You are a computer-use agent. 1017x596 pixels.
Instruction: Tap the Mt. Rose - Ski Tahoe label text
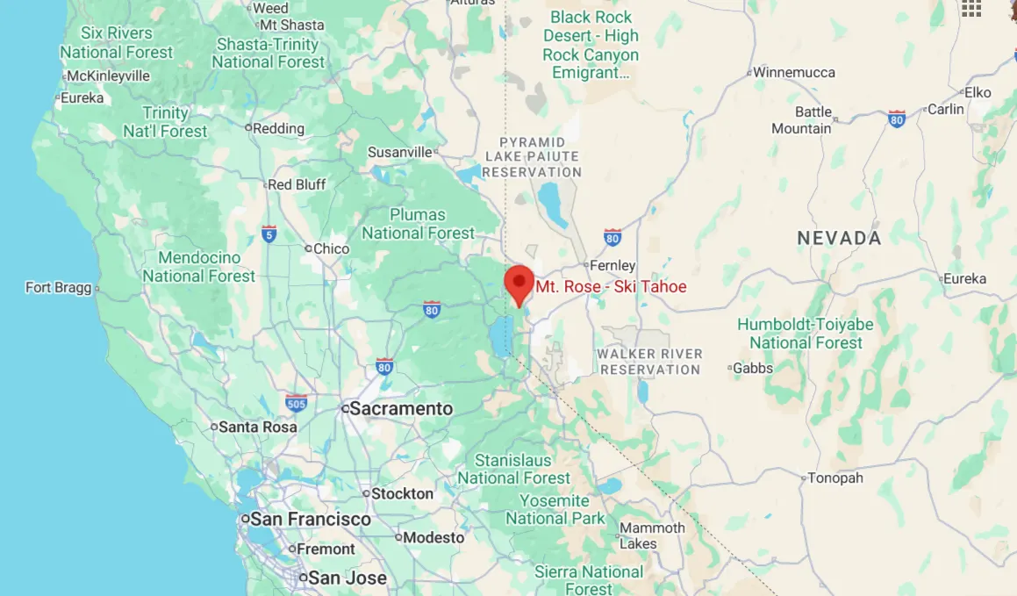click(x=611, y=287)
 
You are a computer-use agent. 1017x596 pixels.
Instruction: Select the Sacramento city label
click(x=401, y=409)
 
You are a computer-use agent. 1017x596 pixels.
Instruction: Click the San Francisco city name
click(x=311, y=520)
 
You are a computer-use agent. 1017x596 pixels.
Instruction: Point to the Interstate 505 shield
click(x=297, y=402)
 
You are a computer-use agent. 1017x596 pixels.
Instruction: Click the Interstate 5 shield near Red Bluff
click(x=269, y=233)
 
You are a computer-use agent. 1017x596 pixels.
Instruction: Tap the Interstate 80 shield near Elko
click(x=896, y=118)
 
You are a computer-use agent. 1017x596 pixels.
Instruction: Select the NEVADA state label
click(x=839, y=238)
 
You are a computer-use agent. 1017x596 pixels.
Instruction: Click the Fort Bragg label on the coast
click(x=58, y=288)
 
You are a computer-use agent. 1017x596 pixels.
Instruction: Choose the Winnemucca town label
click(x=794, y=72)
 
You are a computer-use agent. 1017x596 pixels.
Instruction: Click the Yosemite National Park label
click(x=555, y=510)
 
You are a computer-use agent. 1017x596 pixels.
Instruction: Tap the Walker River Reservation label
click(x=649, y=362)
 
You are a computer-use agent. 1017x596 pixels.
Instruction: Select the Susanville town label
click(x=400, y=152)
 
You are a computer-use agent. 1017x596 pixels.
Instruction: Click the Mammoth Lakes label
click(x=652, y=535)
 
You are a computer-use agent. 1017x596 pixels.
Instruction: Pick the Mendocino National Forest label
click(x=199, y=267)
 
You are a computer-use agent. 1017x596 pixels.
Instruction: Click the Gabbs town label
click(x=753, y=368)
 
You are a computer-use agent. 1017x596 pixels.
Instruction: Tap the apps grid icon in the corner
click(x=970, y=9)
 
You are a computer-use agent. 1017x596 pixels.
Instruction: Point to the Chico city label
click(x=331, y=248)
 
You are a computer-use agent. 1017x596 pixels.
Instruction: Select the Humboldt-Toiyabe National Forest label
click(x=806, y=334)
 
